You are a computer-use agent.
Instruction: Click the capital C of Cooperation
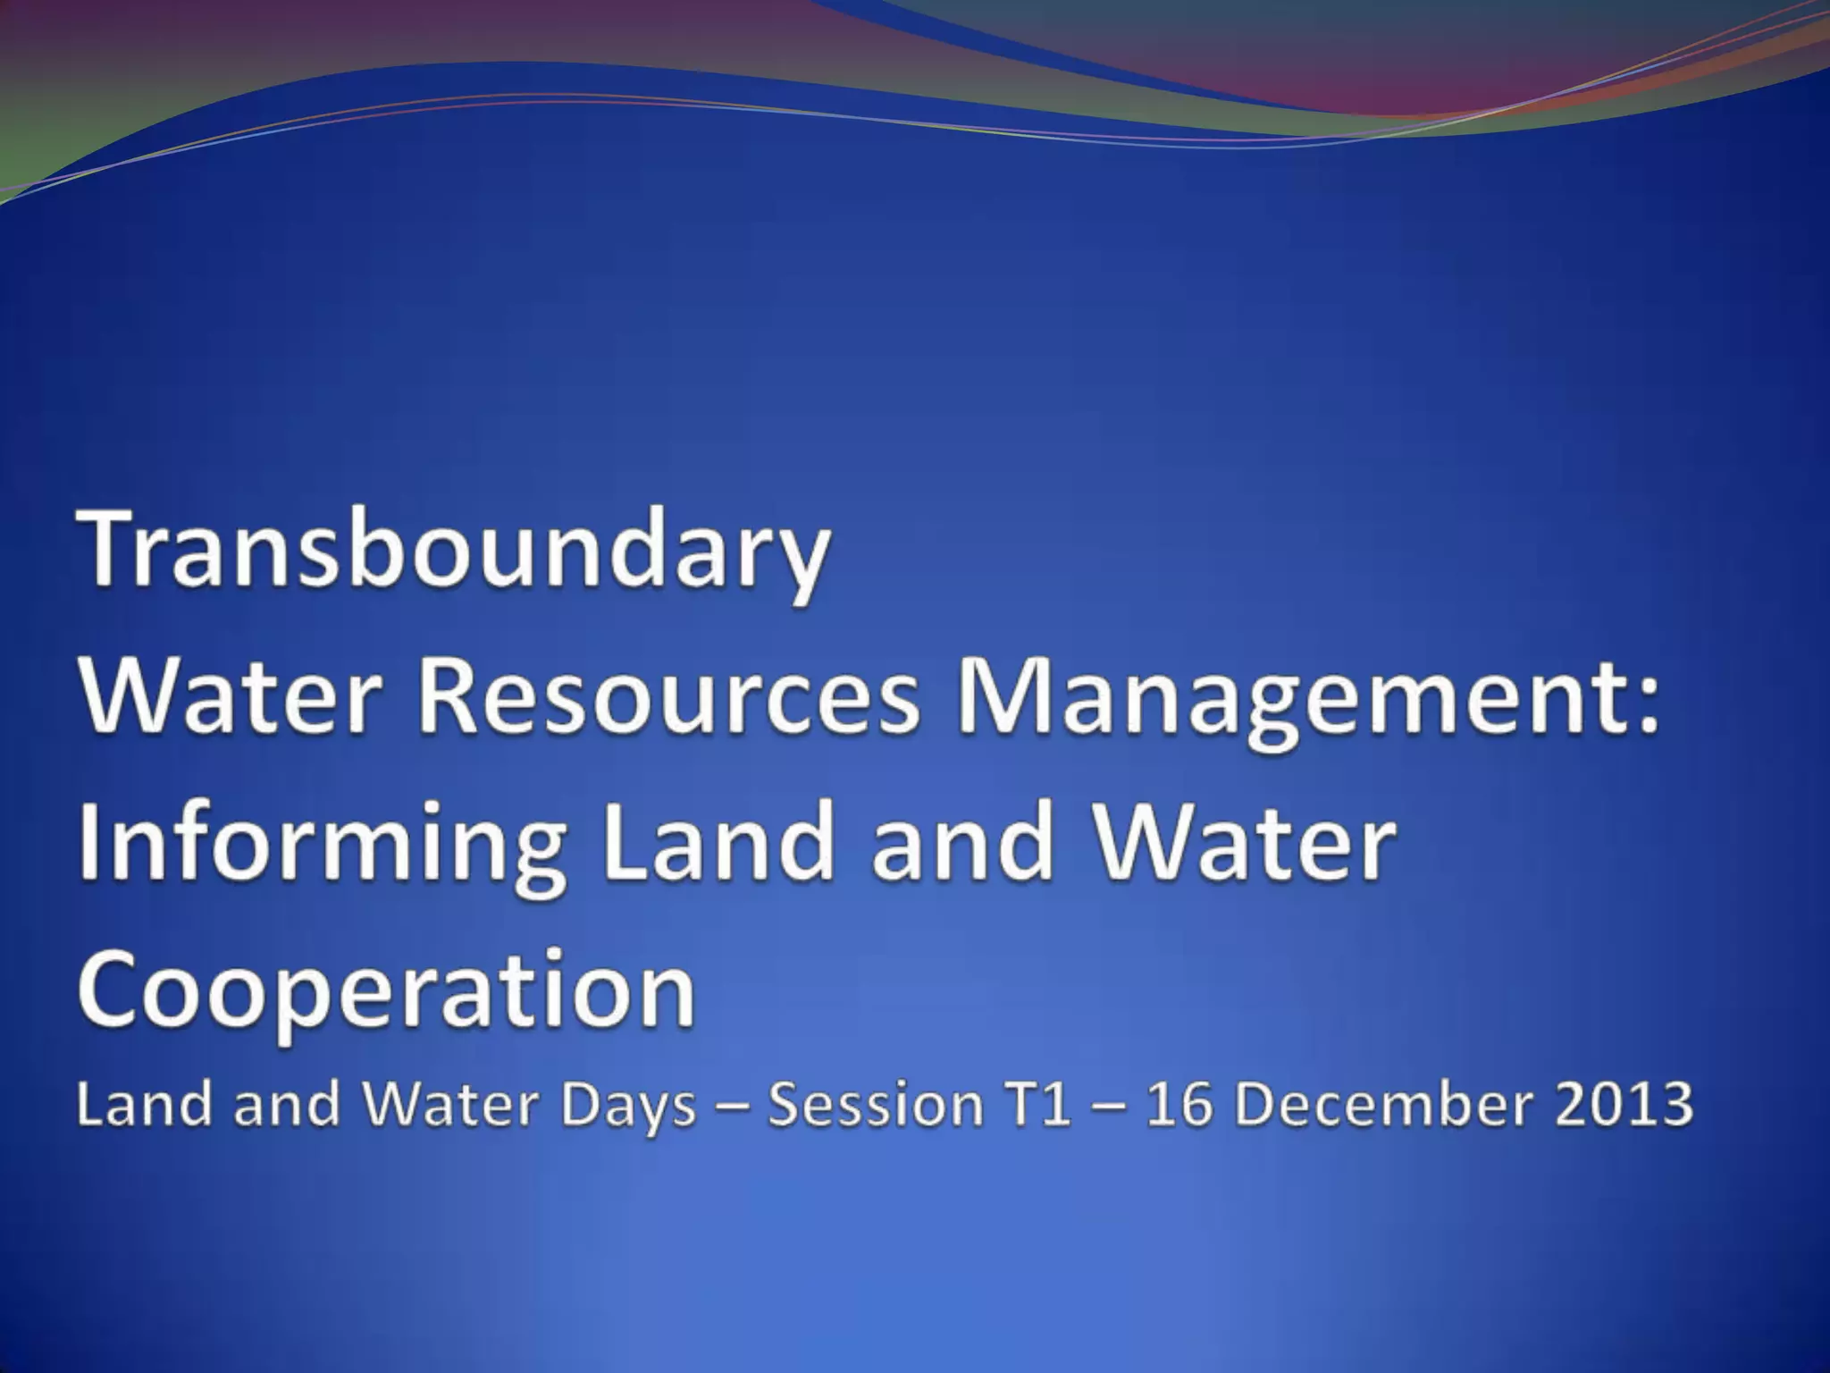coord(113,989)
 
